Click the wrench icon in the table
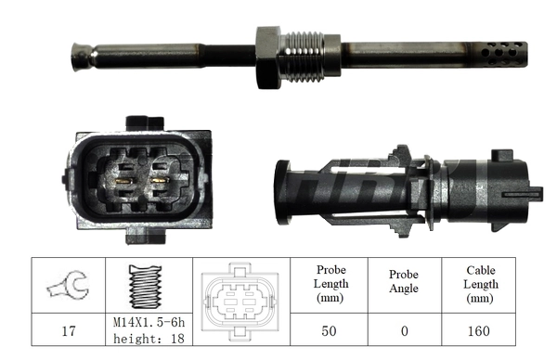pyautogui.click(x=68, y=287)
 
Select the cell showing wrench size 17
pyautogui.click(x=68, y=329)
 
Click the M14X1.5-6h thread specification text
pyautogui.click(x=149, y=323)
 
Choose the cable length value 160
pyautogui.click(x=482, y=329)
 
